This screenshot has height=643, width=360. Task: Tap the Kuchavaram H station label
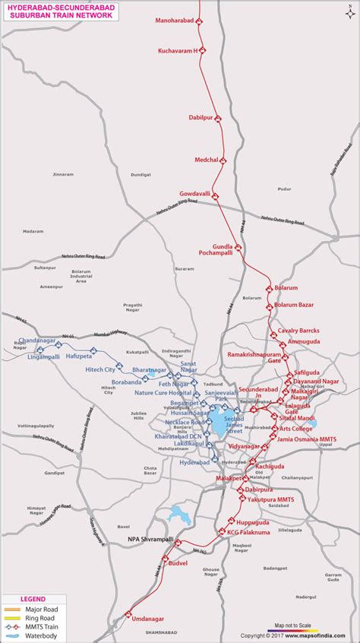(x=178, y=50)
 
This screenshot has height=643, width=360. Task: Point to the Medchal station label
(x=206, y=160)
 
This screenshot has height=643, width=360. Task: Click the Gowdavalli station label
(x=194, y=194)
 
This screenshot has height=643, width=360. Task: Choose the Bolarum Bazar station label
(x=293, y=305)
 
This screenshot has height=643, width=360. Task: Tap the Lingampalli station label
(x=43, y=356)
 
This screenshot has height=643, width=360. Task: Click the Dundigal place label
(x=141, y=175)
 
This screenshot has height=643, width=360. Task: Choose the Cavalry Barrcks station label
(x=298, y=331)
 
